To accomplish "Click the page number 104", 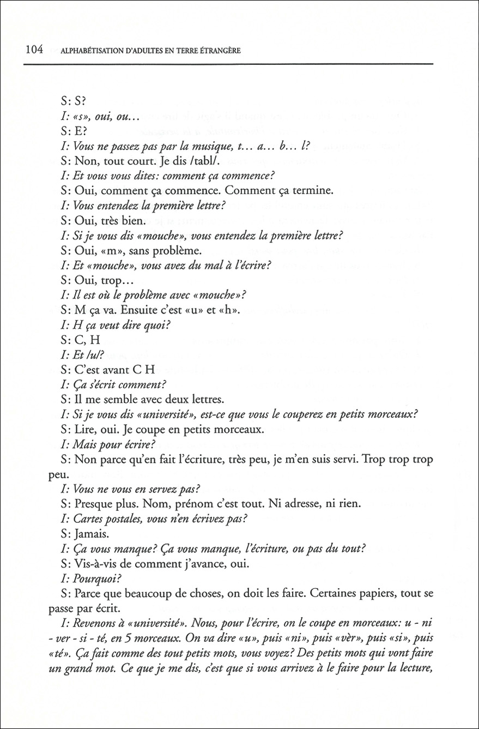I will [x=34, y=51].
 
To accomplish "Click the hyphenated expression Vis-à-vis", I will [x=95, y=564].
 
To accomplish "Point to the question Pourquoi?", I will [x=92, y=579].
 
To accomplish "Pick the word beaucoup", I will [x=126, y=593].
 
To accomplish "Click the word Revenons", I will [x=91, y=623].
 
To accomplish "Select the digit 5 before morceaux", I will [x=135, y=638].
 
